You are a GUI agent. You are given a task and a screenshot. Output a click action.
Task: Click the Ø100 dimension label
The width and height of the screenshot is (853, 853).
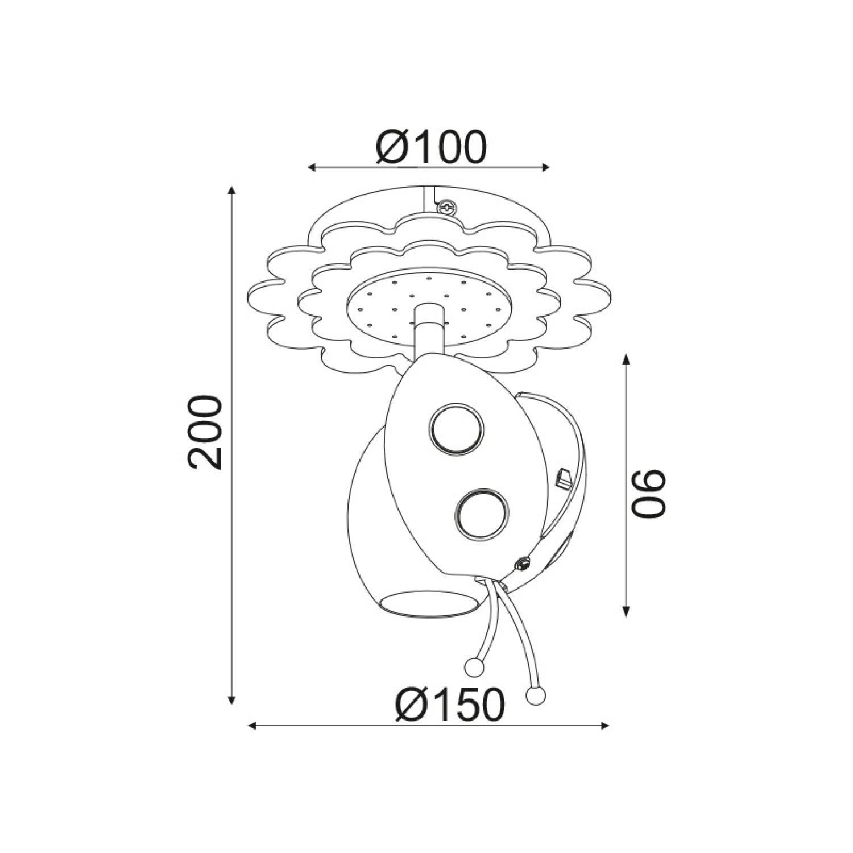tap(432, 147)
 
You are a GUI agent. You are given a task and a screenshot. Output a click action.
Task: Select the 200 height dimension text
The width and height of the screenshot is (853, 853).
tap(204, 432)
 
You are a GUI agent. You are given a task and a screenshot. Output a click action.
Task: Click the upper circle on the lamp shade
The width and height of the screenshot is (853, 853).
tap(456, 429)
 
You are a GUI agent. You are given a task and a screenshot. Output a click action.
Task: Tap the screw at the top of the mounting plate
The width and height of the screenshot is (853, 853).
tap(446, 207)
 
